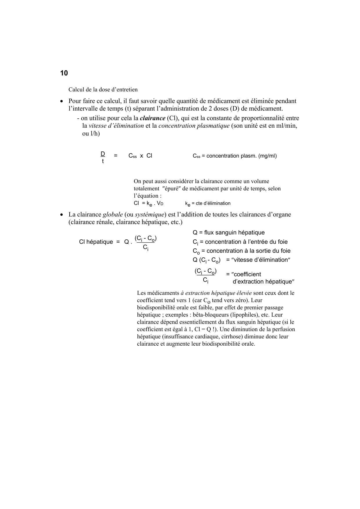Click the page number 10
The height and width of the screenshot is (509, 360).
pos(64,73)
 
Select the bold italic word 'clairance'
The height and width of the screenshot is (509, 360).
pos(152,118)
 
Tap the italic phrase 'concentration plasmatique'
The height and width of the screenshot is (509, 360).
pos(194,126)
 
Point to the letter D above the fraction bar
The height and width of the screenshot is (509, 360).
pos(103,154)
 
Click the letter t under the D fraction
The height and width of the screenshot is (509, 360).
pos(103,161)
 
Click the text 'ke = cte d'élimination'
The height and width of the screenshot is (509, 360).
pos(208,203)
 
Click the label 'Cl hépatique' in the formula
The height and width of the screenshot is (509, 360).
pos(96,242)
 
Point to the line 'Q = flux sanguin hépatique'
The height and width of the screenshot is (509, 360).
pos(229,233)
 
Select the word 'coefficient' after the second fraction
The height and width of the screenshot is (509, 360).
pos(247,275)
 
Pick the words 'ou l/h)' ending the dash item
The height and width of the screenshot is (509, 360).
pos(91,134)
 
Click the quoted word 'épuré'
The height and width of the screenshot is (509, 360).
pos(172,189)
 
